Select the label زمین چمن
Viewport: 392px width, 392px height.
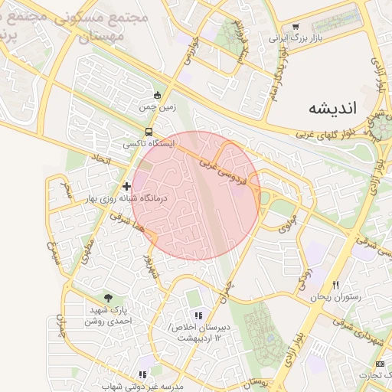[x=156, y=109]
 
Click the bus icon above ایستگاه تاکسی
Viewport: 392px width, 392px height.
[x=150, y=131]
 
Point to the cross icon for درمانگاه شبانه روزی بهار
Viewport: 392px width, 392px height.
[x=127, y=186]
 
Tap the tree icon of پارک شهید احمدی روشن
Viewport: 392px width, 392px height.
[x=108, y=298]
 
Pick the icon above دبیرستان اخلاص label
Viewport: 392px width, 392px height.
[x=198, y=315]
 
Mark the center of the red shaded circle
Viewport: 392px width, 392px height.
[x=196, y=195]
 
